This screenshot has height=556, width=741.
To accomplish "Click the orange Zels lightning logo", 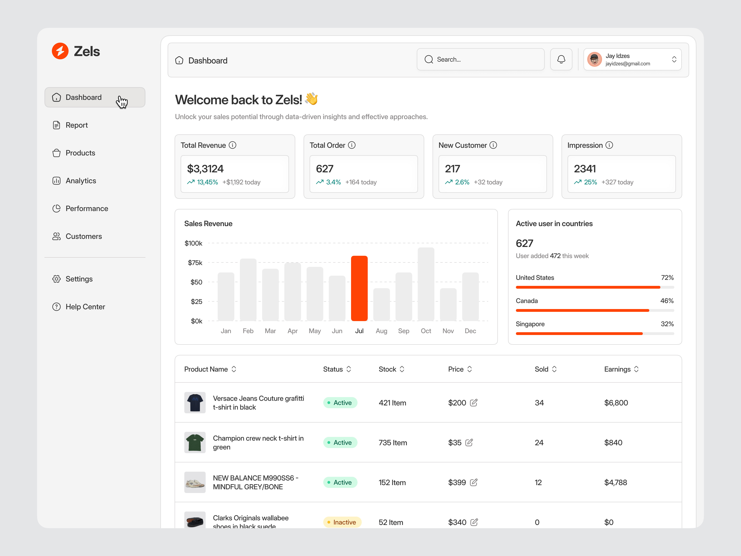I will coord(60,51).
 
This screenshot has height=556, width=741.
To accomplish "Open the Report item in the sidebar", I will coord(76,125).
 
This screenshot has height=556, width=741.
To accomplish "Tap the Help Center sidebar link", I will coord(85,307).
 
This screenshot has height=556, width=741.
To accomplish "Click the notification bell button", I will coord(561,59).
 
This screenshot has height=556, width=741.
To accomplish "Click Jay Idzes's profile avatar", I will coord(594,59).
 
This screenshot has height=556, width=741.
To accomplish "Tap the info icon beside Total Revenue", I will coord(232,145).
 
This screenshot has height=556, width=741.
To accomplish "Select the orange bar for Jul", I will coord(359,288).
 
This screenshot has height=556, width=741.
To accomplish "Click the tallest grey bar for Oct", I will coord(426,284).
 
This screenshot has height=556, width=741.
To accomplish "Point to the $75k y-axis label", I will coord(195,263).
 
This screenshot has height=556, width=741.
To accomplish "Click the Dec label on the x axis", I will coord(470,331).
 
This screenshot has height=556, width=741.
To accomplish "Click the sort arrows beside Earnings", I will coord(636,369).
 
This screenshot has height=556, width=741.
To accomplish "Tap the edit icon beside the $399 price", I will coord(473,482).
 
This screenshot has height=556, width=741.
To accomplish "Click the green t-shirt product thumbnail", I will coord(195,442).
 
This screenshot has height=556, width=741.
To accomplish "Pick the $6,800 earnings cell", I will coord(616,402).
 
